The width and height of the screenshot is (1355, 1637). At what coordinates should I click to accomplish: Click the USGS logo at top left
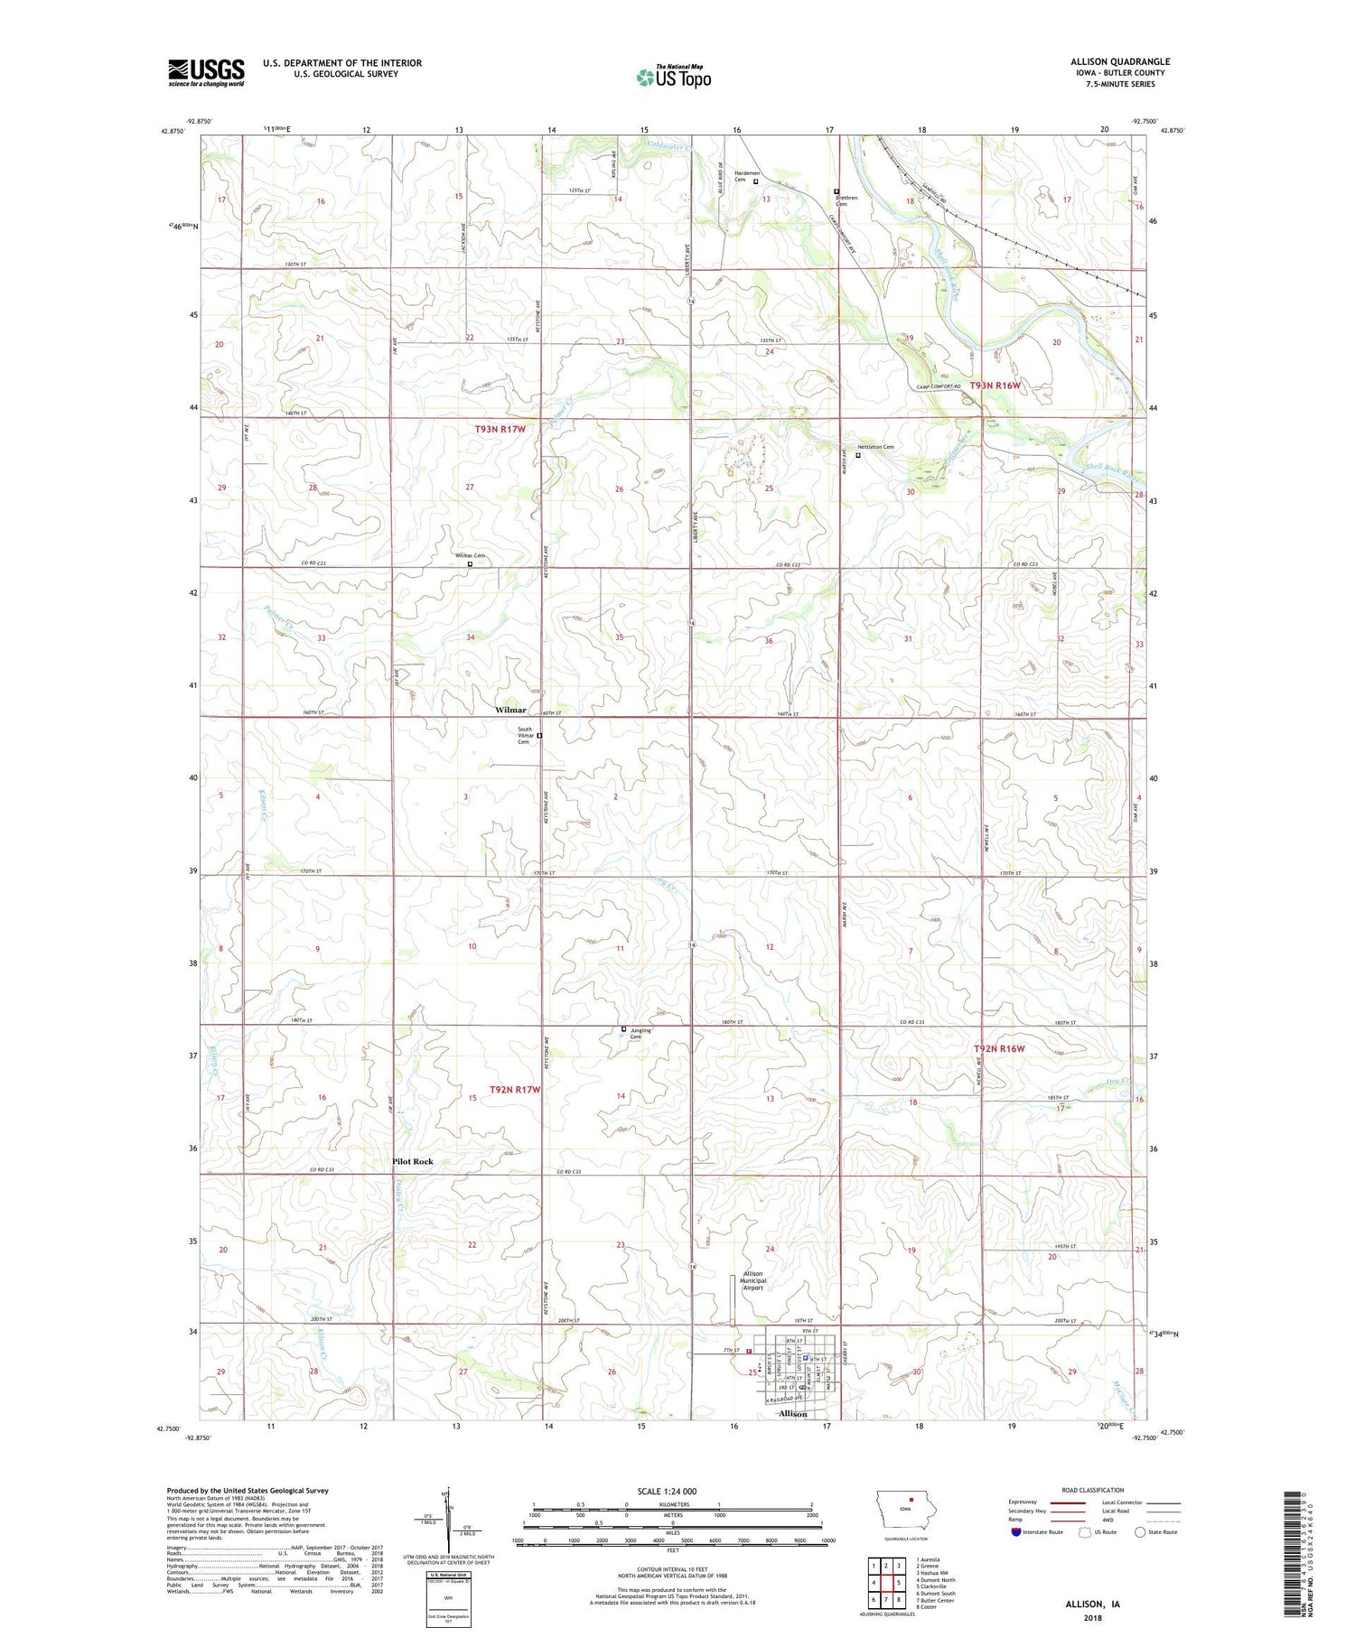pos(206,72)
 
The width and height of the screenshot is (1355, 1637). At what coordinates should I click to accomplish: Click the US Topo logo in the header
pos(674,77)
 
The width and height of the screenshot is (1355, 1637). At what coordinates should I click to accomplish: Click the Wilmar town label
pos(510,711)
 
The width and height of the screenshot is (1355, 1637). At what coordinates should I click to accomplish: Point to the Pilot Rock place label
pos(412,1161)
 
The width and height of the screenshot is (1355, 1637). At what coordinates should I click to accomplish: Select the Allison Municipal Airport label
pos(752,1280)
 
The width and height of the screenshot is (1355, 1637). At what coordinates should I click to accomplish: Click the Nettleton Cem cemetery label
pos(875,447)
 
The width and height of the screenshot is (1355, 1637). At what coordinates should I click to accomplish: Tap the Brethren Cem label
pos(846,200)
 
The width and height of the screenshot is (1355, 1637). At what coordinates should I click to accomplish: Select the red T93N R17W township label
pos(500,429)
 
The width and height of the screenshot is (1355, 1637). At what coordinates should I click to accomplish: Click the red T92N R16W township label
pos(999,1048)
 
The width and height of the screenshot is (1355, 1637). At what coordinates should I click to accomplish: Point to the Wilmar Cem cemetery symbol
pos(470,564)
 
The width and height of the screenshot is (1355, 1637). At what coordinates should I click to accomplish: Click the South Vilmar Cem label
pos(524,735)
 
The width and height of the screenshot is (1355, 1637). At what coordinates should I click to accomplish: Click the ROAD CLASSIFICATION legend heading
pos(1093,1490)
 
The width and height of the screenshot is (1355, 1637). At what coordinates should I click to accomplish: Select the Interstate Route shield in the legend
pos(1016,1532)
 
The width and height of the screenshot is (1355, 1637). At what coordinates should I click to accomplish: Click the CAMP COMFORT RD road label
pos(939,387)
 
